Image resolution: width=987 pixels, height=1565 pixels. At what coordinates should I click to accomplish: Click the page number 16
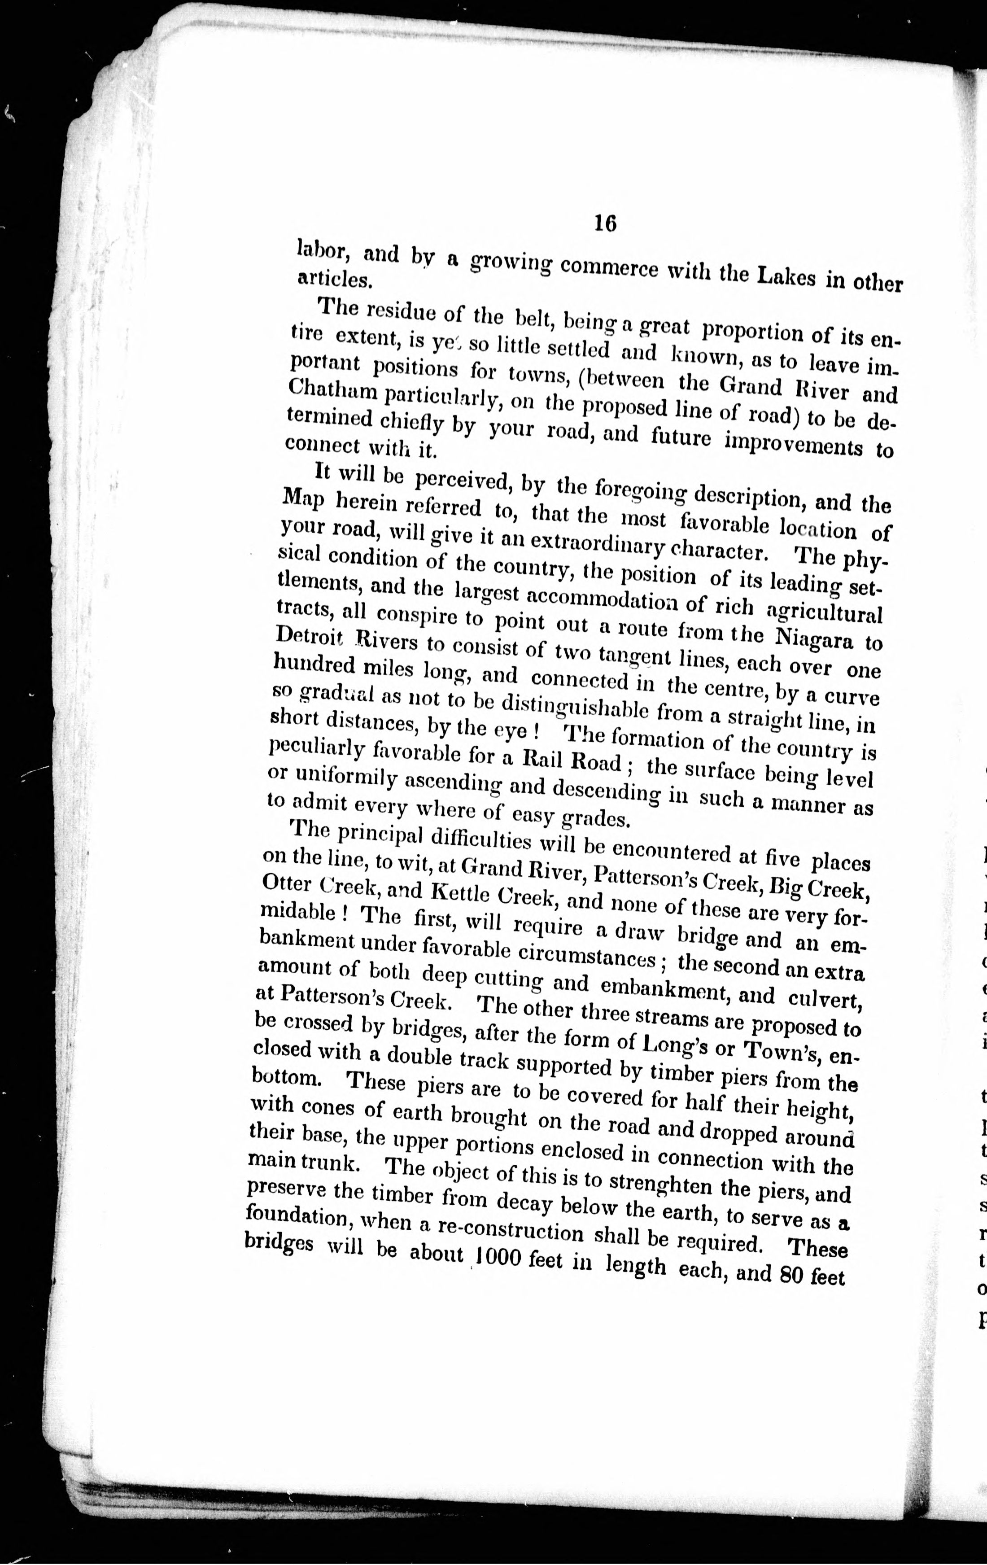tap(604, 223)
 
